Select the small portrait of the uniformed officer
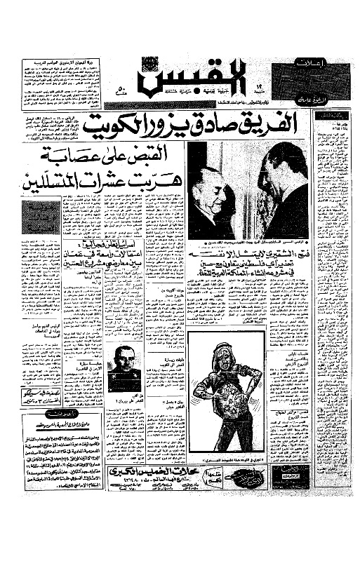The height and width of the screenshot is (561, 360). point(124,367)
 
